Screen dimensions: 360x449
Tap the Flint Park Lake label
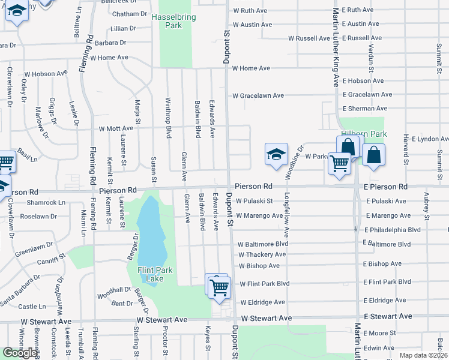(x=155, y=275)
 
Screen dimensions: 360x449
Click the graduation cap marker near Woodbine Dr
(x=276, y=154)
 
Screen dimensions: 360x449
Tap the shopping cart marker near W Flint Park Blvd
(x=219, y=287)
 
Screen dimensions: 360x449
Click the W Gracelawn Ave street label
(x=258, y=95)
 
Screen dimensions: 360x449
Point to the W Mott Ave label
(x=112, y=128)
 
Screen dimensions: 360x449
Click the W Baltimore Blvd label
(x=263, y=245)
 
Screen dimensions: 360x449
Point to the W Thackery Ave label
(x=262, y=254)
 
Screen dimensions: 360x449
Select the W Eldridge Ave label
(x=262, y=302)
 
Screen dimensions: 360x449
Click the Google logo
(x=20, y=353)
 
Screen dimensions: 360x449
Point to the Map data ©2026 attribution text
(x=423, y=355)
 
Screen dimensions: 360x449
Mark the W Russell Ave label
(x=309, y=38)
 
